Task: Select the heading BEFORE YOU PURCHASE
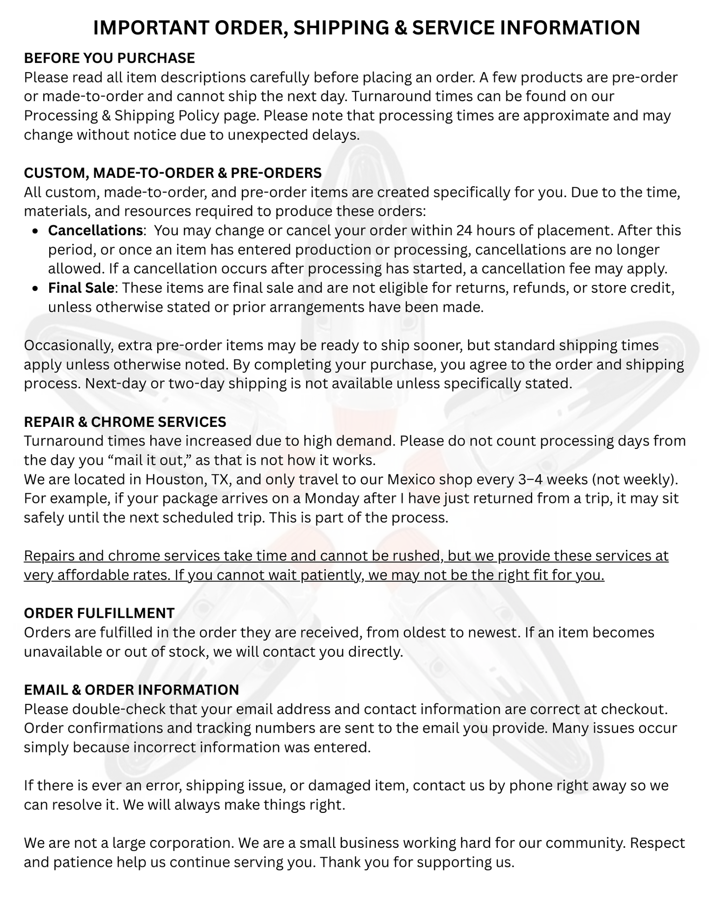click(x=110, y=58)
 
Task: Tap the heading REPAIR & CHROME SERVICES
click(x=125, y=422)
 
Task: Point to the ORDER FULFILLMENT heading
click(x=99, y=613)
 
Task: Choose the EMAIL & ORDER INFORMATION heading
click(x=131, y=690)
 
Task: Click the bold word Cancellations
click(x=95, y=230)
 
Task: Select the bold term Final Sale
click(x=81, y=288)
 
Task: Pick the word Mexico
click(x=411, y=479)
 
